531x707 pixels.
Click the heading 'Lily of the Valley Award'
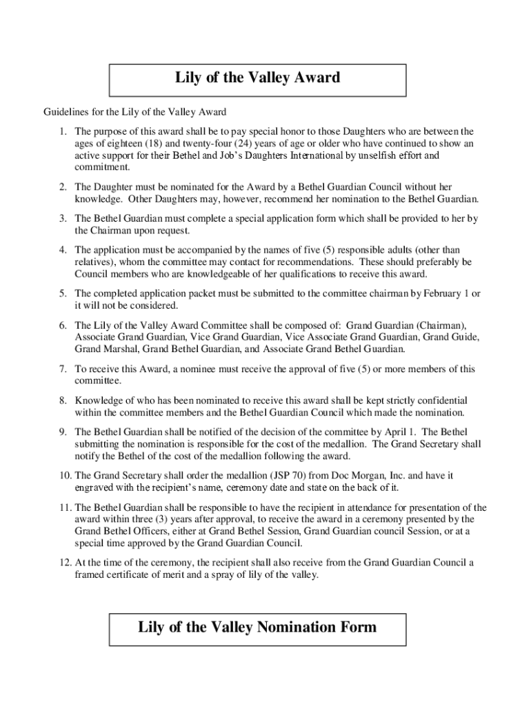point(258,77)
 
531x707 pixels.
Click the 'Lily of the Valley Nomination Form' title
point(258,627)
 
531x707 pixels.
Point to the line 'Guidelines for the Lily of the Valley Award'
point(135,112)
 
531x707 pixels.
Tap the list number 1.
point(63,131)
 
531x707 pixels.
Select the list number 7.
point(63,369)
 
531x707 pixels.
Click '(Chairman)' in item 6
point(443,325)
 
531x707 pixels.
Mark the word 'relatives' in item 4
point(94,262)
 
